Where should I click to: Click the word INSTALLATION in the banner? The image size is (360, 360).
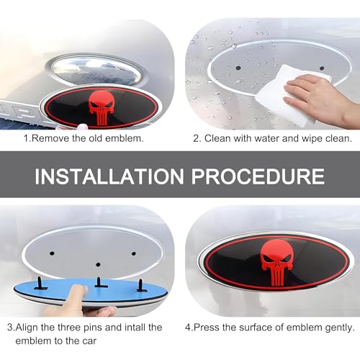tap(109, 176)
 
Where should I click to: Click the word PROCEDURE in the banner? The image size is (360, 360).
tap(258, 176)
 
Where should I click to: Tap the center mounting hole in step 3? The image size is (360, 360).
tap(98, 264)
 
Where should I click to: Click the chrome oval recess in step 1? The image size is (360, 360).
tap(96, 70)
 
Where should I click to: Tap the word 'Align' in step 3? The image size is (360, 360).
tap(27, 328)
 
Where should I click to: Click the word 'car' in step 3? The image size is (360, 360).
tap(89, 341)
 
